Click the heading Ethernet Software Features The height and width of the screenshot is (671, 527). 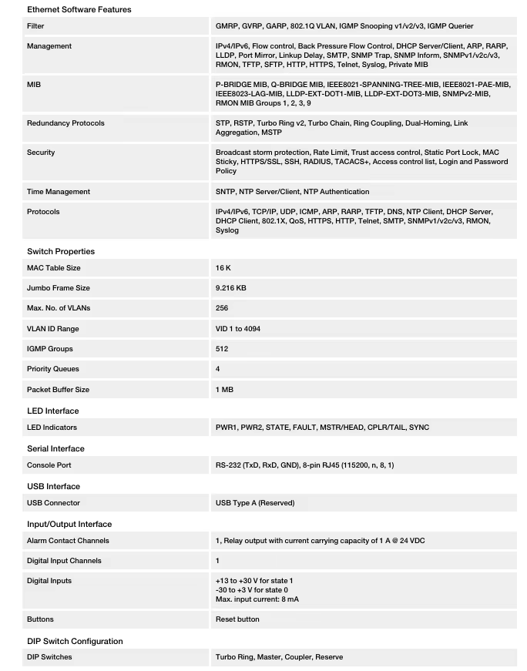tap(79, 9)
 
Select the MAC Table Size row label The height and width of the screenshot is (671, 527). tap(54, 268)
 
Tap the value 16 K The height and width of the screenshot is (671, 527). tap(223, 268)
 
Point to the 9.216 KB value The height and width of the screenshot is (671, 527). tap(231, 288)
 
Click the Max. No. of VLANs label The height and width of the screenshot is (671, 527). tap(59, 308)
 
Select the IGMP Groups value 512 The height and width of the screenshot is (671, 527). tap(222, 349)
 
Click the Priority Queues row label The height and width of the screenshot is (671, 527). tap(53, 369)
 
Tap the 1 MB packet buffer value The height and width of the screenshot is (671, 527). tap(224, 390)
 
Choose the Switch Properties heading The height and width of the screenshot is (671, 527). tap(61, 251)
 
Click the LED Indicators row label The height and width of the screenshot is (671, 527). tap(52, 428)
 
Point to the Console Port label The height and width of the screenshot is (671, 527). tap(49, 465)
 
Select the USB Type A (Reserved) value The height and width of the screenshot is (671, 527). tap(255, 503)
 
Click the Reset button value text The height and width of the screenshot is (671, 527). tap(237, 619)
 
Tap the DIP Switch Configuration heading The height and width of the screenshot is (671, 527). tap(75, 641)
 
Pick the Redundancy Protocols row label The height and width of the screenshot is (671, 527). tap(65, 123)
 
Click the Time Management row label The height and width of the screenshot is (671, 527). tap(59, 192)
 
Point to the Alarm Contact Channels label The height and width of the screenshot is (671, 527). tap(68, 541)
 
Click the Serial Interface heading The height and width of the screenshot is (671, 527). tap(55, 448)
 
